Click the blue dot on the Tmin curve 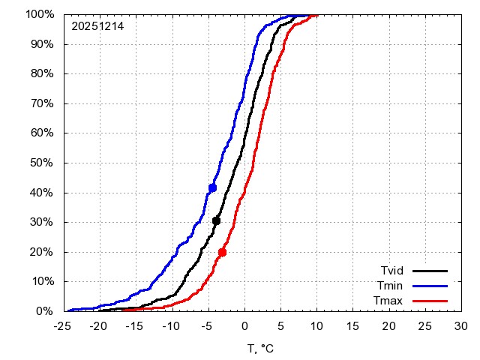point(213,187)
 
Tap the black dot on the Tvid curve point(217,220)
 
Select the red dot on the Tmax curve point(222,252)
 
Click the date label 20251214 point(97,26)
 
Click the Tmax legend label point(390,301)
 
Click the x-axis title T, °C point(260,348)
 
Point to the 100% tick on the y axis point(39,14)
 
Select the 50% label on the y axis point(42,163)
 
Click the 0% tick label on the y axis point(45,311)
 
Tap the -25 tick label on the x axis point(61,326)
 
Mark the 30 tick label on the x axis point(461,326)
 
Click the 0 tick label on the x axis point(244,326)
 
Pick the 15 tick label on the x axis point(352,326)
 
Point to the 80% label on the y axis point(42,73)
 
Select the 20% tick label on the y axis point(42,252)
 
